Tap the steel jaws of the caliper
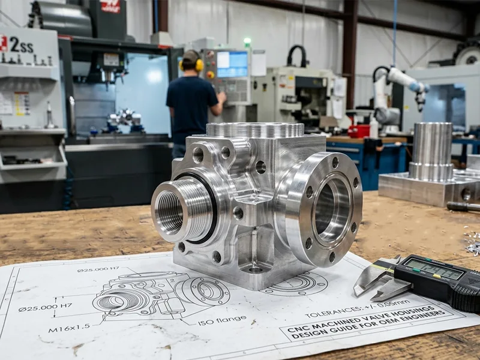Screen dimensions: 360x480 tap(375, 282)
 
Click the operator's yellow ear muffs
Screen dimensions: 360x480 tap(199, 64)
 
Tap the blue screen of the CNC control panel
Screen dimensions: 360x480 tap(232, 64)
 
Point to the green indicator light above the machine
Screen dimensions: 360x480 tap(247, 41)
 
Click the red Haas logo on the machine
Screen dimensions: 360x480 tap(110, 7)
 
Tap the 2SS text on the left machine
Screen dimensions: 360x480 tap(21, 44)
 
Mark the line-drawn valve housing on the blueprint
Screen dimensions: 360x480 tap(160, 294)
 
